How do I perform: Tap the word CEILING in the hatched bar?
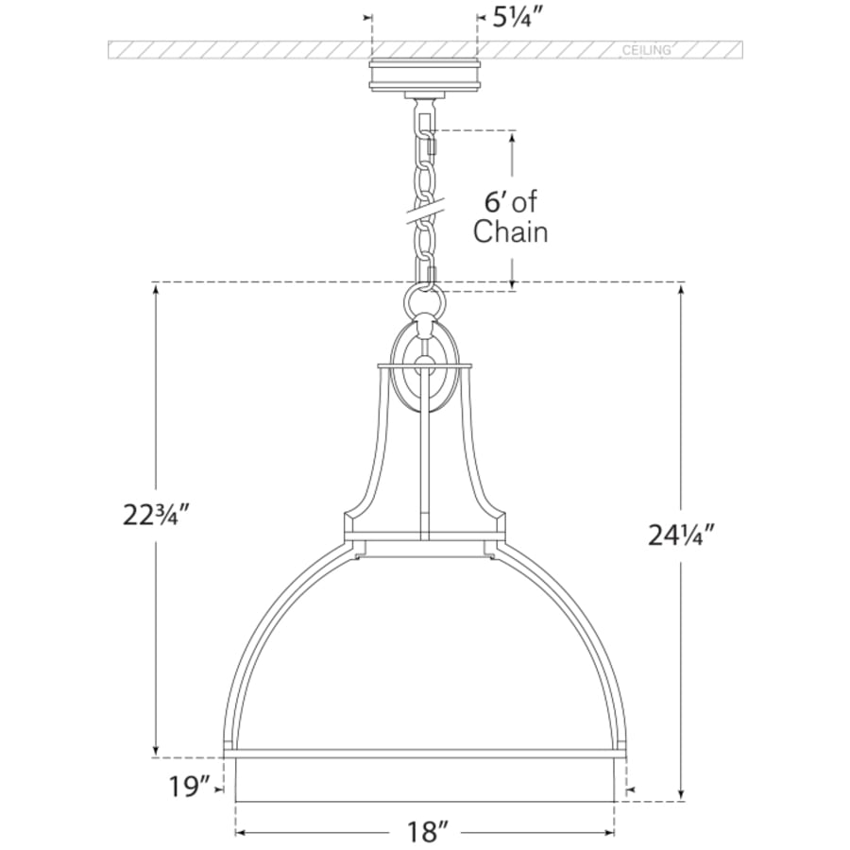coord(646,50)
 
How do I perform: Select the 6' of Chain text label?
coord(510,217)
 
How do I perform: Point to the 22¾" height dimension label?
coord(157,515)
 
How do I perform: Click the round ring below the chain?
coord(424,298)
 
